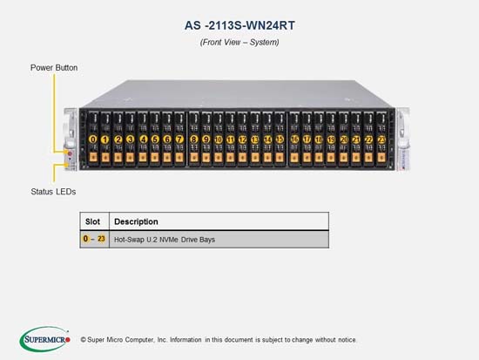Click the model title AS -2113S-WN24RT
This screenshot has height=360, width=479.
point(239,25)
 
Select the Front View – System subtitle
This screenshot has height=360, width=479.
point(239,42)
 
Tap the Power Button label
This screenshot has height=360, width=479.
point(54,68)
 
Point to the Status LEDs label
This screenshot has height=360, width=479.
point(53,192)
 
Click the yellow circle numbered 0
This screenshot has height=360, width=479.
point(92,139)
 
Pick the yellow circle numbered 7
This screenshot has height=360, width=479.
point(179,139)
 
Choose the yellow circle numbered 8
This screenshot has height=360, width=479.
point(193,139)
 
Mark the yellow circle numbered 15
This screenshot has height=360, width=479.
point(280,139)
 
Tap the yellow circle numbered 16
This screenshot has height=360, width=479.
point(294,139)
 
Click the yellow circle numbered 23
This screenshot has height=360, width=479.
point(381,139)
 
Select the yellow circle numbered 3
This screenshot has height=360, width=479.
point(130,139)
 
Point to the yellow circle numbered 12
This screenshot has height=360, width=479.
point(243,139)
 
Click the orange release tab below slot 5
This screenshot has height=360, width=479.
point(155,157)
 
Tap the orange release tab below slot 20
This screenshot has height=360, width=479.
point(344,157)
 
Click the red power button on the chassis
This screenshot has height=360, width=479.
point(70,153)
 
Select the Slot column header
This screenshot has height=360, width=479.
point(92,221)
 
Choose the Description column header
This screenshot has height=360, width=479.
point(136,221)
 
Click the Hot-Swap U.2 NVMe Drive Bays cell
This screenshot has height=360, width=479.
point(165,240)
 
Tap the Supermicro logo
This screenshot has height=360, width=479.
point(45,339)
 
